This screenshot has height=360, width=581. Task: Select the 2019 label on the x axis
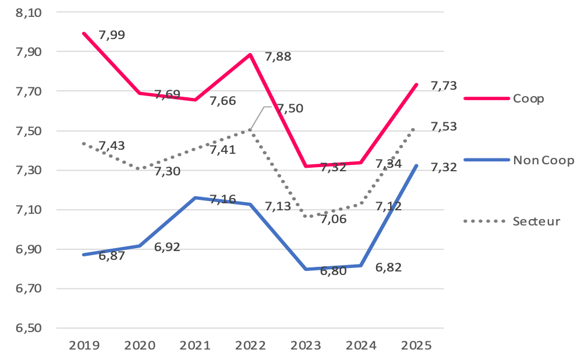click(x=84, y=345)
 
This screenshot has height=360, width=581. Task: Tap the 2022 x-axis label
click(x=250, y=345)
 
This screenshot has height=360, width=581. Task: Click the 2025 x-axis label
click(x=416, y=345)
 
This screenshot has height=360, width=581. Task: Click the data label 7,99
click(x=112, y=35)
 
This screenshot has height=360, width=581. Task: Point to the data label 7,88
click(x=278, y=57)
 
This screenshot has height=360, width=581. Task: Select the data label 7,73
click(x=444, y=86)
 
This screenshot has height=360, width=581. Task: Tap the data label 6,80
click(x=333, y=270)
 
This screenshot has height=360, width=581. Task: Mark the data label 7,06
click(x=334, y=219)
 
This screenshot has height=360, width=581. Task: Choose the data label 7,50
click(x=290, y=108)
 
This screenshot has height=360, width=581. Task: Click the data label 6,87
click(x=111, y=256)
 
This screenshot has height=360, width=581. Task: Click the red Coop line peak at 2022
click(x=250, y=55)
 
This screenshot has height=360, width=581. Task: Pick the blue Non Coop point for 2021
click(x=195, y=198)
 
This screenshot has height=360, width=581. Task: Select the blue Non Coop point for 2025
click(x=416, y=166)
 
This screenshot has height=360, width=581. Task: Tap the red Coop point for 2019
click(x=84, y=33)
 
